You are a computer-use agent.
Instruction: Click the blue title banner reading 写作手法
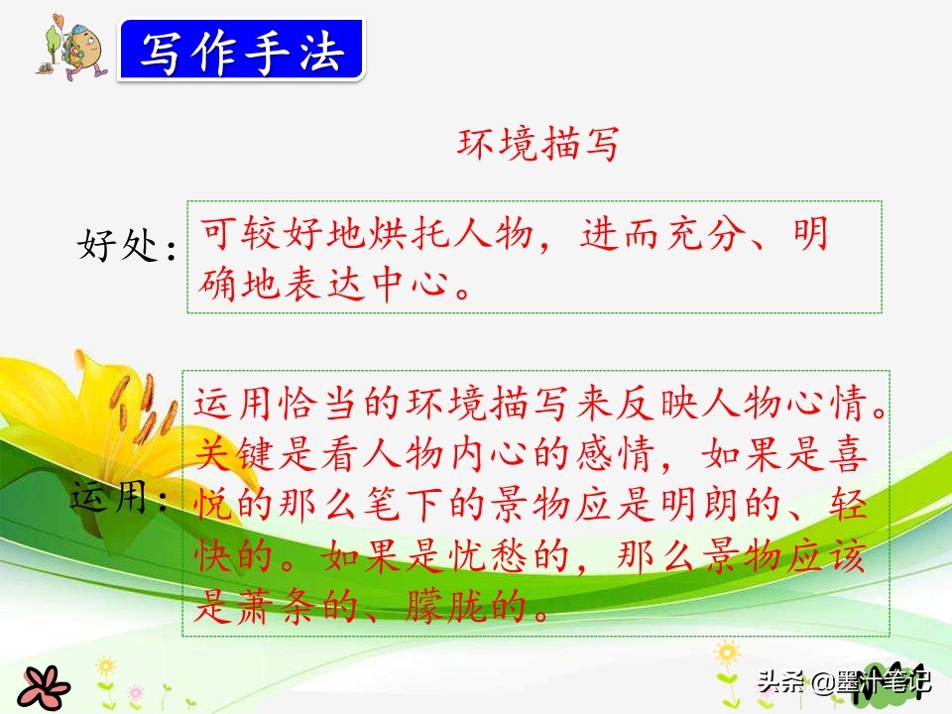[x=242, y=50]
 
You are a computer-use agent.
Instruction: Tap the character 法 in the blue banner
[x=321, y=51]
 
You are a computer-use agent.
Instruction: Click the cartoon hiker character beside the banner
[x=72, y=48]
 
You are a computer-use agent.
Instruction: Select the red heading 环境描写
[x=537, y=144]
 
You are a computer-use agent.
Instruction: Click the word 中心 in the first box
[x=411, y=284]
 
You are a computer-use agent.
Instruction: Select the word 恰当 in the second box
[x=317, y=403]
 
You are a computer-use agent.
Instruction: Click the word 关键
[x=234, y=453]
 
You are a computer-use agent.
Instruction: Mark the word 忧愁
[x=487, y=555]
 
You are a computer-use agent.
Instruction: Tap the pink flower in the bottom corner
[x=44, y=687]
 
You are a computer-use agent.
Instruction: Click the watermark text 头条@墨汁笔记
[x=844, y=681]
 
